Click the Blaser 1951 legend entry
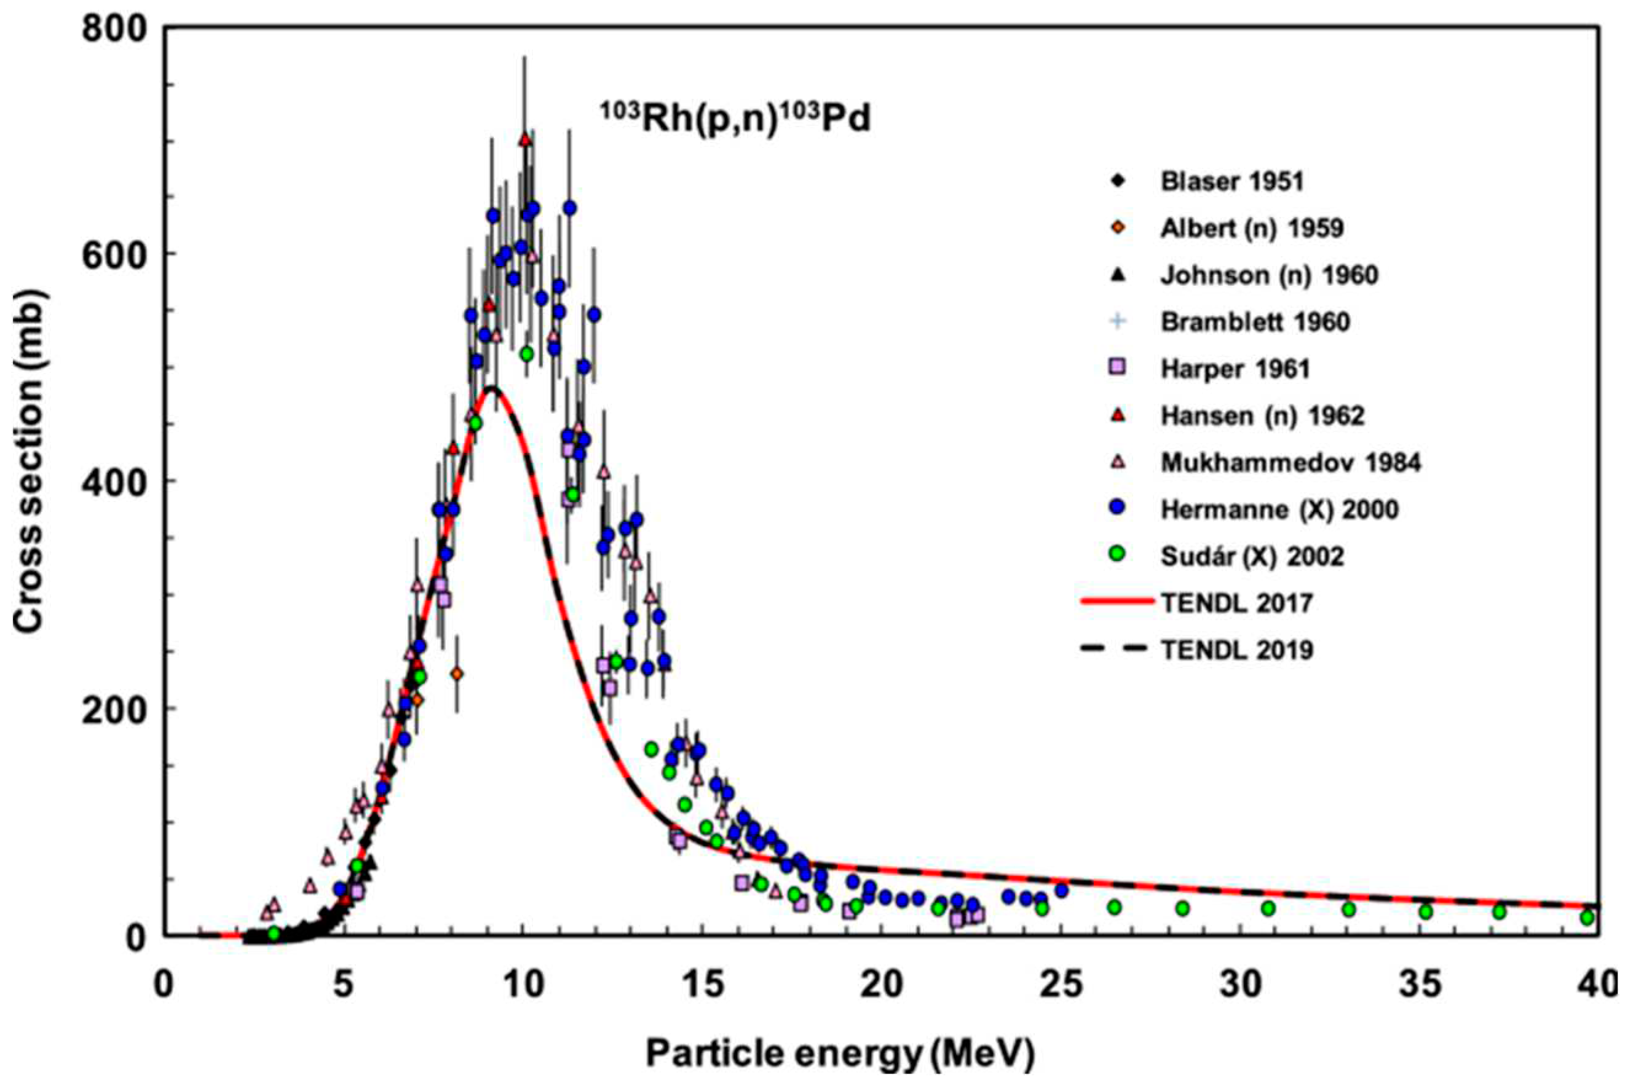click(x=1231, y=182)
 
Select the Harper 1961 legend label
click(x=1235, y=369)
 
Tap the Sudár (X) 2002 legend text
click(x=1252, y=557)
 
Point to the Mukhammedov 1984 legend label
click(x=1290, y=463)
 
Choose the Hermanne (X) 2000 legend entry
click(x=1279, y=509)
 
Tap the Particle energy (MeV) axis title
click(x=839, y=1054)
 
